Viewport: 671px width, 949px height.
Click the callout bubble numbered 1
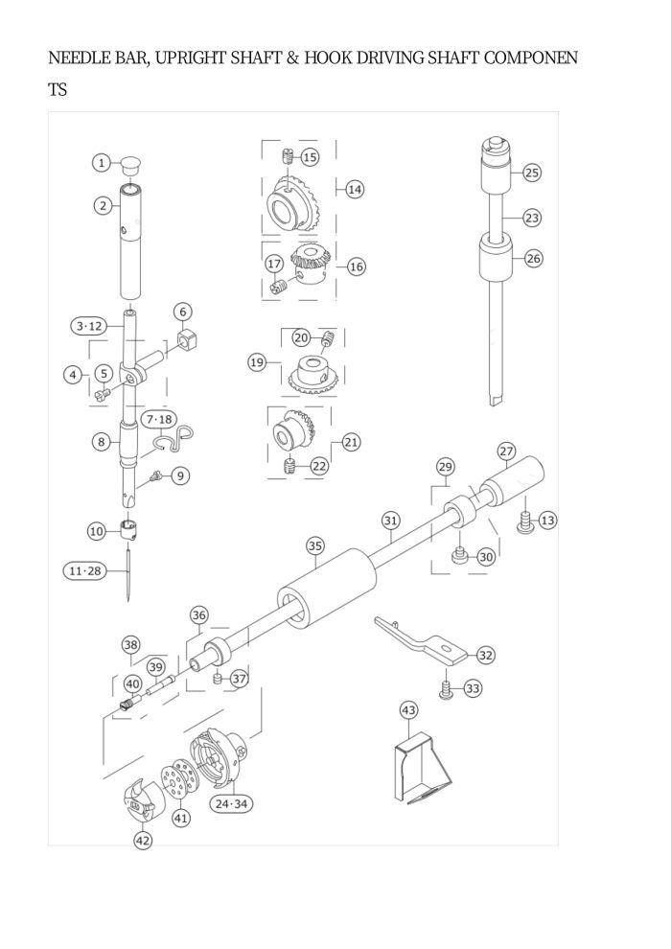point(102,162)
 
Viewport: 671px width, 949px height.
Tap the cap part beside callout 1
point(130,162)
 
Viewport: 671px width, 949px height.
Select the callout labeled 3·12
point(89,326)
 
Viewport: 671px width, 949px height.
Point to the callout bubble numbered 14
point(355,190)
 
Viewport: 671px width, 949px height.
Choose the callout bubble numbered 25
point(531,173)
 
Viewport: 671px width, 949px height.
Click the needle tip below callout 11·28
point(128,600)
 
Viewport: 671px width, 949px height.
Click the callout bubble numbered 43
point(409,709)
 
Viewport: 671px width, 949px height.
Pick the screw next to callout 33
point(447,690)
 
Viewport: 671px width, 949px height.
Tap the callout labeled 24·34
point(231,803)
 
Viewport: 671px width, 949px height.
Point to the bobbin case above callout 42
point(139,803)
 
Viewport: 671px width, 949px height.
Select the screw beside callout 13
point(524,521)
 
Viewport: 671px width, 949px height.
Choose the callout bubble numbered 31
point(391,521)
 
